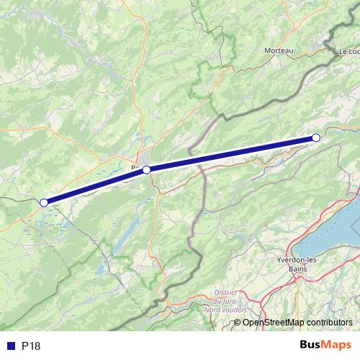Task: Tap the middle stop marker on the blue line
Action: click(146, 170)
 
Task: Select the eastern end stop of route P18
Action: click(315, 138)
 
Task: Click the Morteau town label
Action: click(279, 50)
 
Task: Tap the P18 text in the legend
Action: click(31, 346)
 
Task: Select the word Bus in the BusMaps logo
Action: click(310, 346)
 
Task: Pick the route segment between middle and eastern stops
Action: click(230, 153)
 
